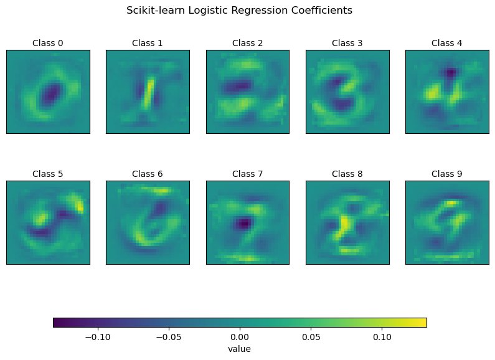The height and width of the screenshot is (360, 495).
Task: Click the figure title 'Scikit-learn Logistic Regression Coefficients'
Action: click(239, 11)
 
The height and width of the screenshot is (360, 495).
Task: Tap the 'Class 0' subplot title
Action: click(48, 43)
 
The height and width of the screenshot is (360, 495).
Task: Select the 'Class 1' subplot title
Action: click(148, 43)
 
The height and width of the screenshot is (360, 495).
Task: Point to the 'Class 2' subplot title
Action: click(247, 43)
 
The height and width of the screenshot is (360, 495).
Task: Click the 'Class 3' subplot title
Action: click(347, 43)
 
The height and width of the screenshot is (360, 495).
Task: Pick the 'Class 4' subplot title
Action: click(447, 43)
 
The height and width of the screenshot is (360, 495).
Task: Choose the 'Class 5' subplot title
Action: click(48, 174)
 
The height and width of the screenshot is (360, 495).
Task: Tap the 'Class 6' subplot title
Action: click(148, 174)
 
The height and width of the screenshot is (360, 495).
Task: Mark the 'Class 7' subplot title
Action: click(247, 174)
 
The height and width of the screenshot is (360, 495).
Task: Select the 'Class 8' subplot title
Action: click(347, 174)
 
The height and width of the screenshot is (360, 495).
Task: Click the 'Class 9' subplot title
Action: click(447, 174)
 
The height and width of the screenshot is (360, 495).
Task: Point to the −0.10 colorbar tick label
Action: click(96, 337)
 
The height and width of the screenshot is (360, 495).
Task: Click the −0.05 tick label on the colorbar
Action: click(167, 337)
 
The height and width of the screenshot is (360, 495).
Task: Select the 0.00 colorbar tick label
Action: click(240, 337)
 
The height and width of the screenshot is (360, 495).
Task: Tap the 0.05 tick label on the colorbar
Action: click(311, 337)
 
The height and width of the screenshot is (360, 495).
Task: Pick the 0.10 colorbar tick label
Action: click(382, 337)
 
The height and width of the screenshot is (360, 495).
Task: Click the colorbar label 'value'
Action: click(240, 349)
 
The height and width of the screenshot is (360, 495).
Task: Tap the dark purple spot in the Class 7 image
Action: click(244, 222)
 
